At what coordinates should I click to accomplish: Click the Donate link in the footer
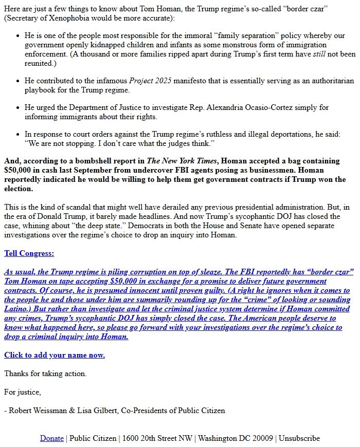click(x=52, y=438)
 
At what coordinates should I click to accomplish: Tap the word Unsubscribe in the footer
click(x=299, y=438)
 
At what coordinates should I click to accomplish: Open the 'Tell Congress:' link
click(x=29, y=253)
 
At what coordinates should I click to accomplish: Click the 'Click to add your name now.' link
click(x=55, y=355)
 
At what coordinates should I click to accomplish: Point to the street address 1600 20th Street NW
click(x=158, y=438)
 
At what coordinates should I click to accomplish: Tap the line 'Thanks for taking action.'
click(x=45, y=374)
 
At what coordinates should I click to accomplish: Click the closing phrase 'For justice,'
click(x=23, y=392)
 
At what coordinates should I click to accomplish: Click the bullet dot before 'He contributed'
click(x=18, y=81)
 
